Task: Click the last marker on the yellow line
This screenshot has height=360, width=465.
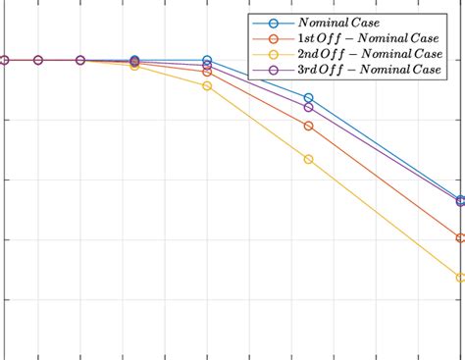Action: [x=461, y=278]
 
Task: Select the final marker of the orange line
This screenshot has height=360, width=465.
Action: [x=461, y=237]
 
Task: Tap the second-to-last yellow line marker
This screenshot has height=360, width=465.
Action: [x=309, y=159]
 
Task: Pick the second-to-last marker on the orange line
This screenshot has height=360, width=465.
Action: [x=309, y=126]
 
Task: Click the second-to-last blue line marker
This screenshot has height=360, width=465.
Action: [x=309, y=98]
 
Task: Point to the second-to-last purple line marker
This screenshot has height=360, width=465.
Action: [x=309, y=107]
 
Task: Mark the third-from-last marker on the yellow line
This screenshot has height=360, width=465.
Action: [x=207, y=86]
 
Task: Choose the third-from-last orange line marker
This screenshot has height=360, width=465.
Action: [x=207, y=72]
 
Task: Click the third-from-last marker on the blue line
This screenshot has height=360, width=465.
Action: [x=207, y=61]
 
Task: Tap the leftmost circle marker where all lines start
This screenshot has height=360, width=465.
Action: [x=4, y=60]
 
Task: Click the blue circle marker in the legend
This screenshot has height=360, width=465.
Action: [x=273, y=23]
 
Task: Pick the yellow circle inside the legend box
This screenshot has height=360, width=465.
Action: [x=273, y=55]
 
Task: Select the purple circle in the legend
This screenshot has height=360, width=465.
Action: [x=273, y=71]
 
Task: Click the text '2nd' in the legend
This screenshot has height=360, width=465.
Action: [x=306, y=55]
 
